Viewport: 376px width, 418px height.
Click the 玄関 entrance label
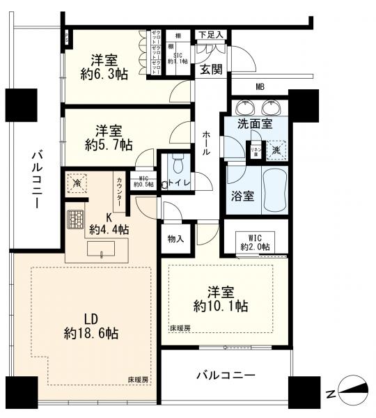click(x=211, y=69)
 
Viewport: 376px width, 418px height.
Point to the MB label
click(x=260, y=86)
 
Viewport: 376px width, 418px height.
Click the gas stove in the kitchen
click(x=75, y=219)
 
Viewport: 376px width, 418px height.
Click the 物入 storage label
click(x=175, y=239)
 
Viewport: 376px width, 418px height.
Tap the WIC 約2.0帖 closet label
click(x=254, y=241)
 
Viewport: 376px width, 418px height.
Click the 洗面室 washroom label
click(x=256, y=123)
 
